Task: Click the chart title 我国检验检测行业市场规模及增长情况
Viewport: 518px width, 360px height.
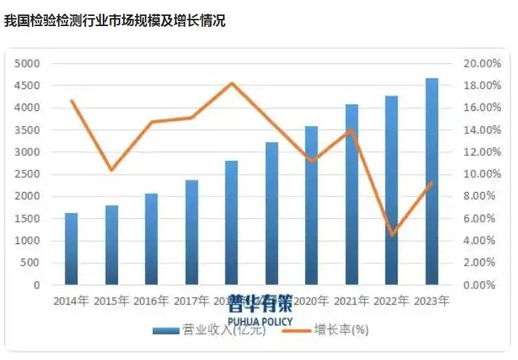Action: pyautogui.click(x=115, y=21)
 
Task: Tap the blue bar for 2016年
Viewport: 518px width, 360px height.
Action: pyautogui.click(x=151, y=239)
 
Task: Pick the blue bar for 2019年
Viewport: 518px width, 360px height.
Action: pyautogui.click(x=272, y=213)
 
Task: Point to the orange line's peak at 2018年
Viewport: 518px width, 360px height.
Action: pyautogui.click(x=231, y=83)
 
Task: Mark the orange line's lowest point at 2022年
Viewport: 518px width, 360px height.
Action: pyautogui.click(x=392, y=235)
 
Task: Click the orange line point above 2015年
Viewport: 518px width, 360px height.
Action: pyautogui.click(x=111, y=170)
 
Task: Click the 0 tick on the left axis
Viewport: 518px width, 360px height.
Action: pyautogui.click(x=35, y=285)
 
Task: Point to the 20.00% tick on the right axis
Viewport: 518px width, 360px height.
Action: pyautogui.click(x=482, y=64)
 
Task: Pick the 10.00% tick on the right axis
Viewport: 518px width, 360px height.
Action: pyautogui.click(x=482, y=175)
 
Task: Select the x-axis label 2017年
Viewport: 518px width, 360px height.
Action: pyautogui.click(x=191, y=300)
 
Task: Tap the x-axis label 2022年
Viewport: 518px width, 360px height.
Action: pyautogui.click(x=392, y=300)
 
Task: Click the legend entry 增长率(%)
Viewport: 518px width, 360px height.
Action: pyautogui.click(x=341, y=330)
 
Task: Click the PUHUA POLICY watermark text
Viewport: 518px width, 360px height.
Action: pyautogui.click(x=259, y=321)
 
